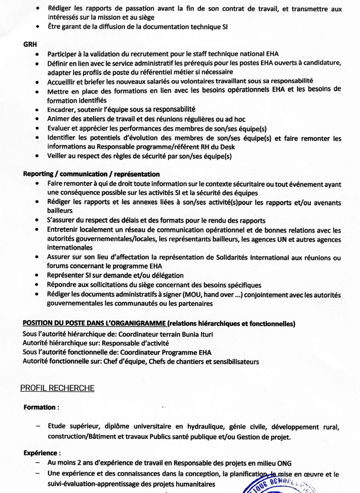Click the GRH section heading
29,44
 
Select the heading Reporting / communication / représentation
91,174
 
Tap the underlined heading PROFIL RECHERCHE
57,388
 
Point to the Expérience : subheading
42,453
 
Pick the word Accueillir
63,81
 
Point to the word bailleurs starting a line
60,210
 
